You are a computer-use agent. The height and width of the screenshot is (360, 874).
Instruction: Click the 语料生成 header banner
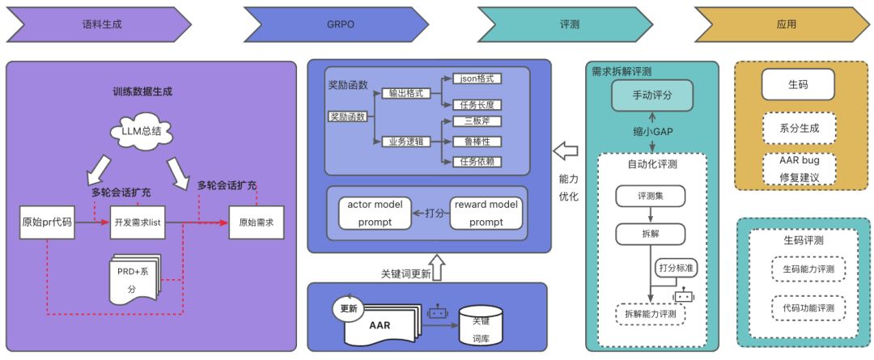click(101, 24)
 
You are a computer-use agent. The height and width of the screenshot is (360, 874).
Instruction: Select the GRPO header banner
click(340, 24)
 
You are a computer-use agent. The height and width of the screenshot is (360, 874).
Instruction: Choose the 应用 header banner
click(785, 24)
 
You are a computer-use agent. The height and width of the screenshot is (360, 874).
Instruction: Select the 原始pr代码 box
click(46, 222)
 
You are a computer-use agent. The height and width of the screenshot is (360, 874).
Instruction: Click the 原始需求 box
click(257, 222)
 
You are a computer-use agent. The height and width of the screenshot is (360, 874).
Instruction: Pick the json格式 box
click(477, 78)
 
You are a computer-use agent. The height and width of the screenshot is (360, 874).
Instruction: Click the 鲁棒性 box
click(477, 142)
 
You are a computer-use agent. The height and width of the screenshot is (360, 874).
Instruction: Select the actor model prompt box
click(375, 212)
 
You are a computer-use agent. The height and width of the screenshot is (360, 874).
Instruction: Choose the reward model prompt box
click(486, 212)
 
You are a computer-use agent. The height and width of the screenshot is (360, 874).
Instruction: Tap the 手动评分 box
click(651, 95)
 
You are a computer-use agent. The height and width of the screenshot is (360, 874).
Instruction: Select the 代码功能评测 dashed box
click(808, 308)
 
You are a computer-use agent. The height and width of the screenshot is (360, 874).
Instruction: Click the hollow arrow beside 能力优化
click(564, 150)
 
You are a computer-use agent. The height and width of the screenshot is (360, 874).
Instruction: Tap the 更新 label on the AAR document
click(349, 307)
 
